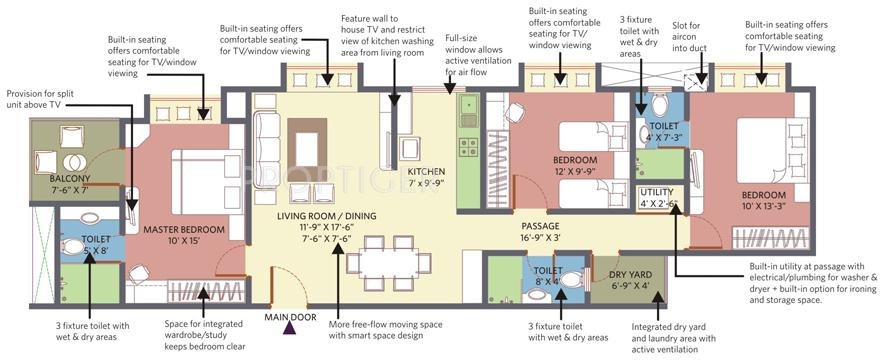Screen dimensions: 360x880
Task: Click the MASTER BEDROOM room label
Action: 183,235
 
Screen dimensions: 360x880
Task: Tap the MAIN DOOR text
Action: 290,316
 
